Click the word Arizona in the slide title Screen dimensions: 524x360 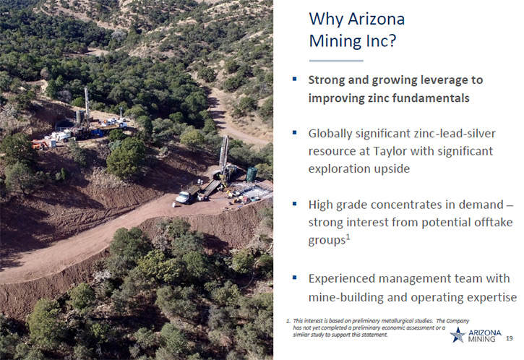pyautogui.click(x=376, y=19)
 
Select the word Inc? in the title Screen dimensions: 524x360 pyautogui.click(x=379, y=40)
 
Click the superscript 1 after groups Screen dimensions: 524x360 pyautogui.click(x=348, y=237)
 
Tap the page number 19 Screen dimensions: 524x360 pyautogui.click(x=509, y=338)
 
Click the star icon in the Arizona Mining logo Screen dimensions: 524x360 pyautogui.click(x=458, y=335)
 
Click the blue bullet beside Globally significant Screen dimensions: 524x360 pyautogui.click(x=294, y=133)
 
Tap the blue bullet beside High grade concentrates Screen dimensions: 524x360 pyautogui.click(x=294, y=204)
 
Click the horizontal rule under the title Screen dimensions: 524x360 pyautogui.click(x=336, y=61)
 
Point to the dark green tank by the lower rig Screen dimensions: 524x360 pyautogui.click(x=252, y=173)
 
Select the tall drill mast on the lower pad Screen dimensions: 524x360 pyautogui.click(x=224, y=157)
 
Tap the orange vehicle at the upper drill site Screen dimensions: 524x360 pyautogui.click(x=39, y=145)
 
